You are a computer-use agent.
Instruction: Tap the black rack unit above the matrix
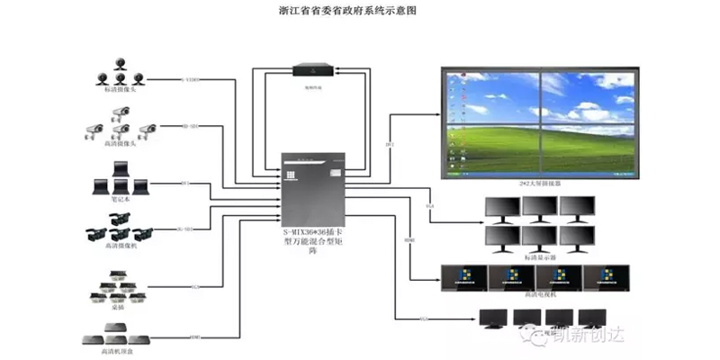click(x=314, y=68)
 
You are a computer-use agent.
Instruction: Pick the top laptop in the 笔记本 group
click(x=118, y=168)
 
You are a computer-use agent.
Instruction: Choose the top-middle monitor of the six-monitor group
click(x=540, y=206)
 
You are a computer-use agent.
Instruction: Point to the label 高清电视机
click(x=540, y=294)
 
